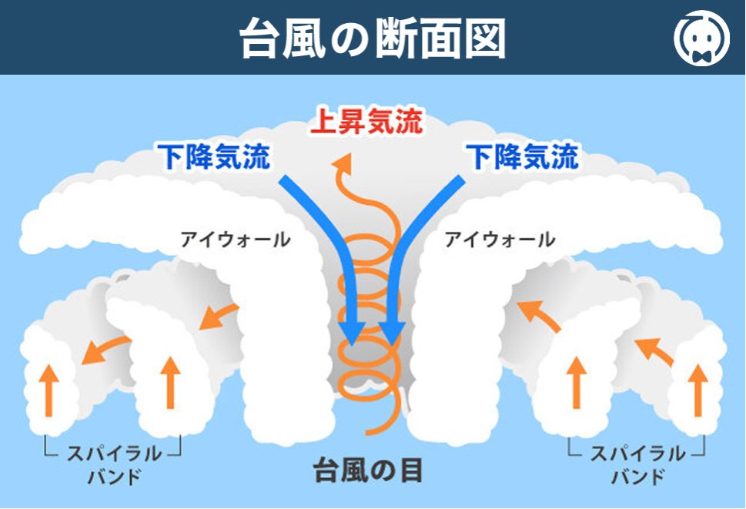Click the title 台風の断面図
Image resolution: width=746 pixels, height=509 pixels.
(372, 39)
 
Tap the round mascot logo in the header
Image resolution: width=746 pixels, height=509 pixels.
(701, 38)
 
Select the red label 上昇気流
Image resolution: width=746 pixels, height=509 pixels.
(366, 122)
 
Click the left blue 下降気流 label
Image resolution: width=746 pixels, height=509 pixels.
(213, 156)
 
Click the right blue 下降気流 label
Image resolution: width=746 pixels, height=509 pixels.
(522, 156)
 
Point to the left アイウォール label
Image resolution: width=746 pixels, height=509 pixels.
(236, 239)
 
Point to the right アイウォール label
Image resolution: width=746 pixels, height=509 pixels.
(500, 239)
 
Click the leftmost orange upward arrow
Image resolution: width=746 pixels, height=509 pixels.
(49, 390)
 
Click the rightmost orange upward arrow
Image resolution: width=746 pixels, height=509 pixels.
(698, 390)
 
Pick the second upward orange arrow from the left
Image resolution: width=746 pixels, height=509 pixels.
(170, 383)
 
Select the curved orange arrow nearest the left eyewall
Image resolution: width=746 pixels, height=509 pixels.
(218, 316)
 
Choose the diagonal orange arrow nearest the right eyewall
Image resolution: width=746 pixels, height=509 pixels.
(538, 315)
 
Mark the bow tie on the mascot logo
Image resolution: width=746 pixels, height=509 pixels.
(702, 57)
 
